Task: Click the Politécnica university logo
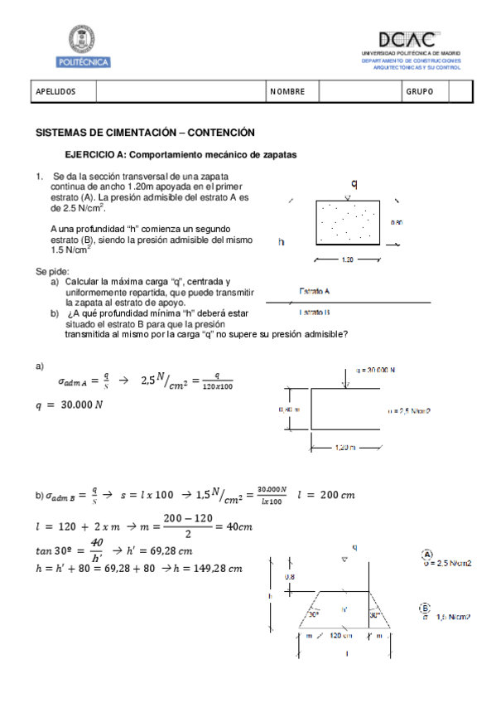(84, 46)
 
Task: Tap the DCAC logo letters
(407, 40)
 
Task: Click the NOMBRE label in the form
(287, 92)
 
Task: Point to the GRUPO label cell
(419, 92)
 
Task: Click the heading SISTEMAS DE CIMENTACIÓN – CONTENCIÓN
(145, 133)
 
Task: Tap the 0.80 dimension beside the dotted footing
(397, 222)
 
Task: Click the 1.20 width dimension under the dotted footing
(348, 259)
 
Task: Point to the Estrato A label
(315, 291)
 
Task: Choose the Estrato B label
(315, 312)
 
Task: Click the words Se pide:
(52, 272)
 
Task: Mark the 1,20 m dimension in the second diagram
(344, 447)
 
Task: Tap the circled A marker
(427, 554)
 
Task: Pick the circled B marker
(426, 608)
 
